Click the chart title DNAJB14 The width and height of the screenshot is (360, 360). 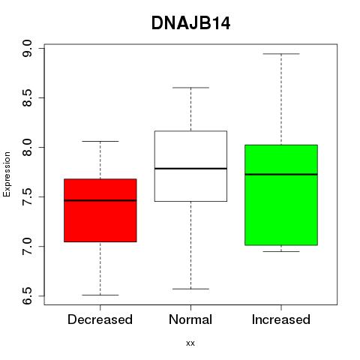pyautogui.click(x=190, y=23)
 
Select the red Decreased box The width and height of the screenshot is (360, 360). pyautogui.click(x=100, y=210)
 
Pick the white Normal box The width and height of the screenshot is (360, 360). pyautogui.click(x=190, y=166)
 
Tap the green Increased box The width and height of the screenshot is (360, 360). pyautogui.click(x=281, y=195)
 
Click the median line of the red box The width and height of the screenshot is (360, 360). pyautogui.click(x=100, y=200)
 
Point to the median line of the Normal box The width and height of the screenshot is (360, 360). pyautogui.click(x=190, y=169)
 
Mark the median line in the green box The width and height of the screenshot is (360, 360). pyautogui.click(x=281, y=174)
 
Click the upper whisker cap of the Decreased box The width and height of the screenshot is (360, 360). pyautogui.click(x=100, y=141)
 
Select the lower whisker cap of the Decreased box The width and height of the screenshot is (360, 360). pyautogui.click(x=100, y=295)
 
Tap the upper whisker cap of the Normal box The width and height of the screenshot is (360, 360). pyautogui.click(x=190, y=88)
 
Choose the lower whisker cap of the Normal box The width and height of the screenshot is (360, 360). pyautogui.click(x=190, y=289)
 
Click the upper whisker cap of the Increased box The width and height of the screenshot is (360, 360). pyautogui.click(x=281, y=54)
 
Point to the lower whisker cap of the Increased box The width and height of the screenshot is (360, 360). pyautogui.click(x=281, y=251)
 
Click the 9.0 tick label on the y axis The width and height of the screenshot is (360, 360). pyautogui.click(x=27, y=49)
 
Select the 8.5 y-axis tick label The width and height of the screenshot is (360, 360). pyautogui.click(x=27, y=97)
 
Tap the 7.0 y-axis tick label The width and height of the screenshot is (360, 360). pyautogui.click(x=27, y=247)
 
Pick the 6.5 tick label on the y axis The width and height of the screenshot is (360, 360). pyautogui.click(x=27, y=296)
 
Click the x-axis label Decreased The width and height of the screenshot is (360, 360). pyautogui.click(x=100, y=319)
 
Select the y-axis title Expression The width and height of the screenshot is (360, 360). pyautogui.click(x=7, y=174)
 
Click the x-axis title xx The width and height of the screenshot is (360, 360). pyautogui.click(x=190, y=343)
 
